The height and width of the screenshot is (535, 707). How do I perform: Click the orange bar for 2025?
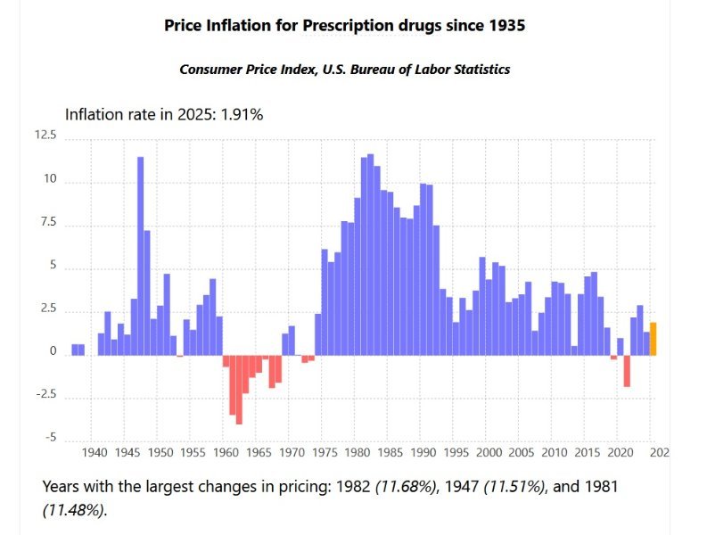click(654, 339)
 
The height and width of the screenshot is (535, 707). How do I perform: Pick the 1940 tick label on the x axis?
click(94, 453)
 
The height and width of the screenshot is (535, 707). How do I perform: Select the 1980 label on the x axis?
click(357, 453)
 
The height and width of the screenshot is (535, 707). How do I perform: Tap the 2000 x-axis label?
click(489, 453)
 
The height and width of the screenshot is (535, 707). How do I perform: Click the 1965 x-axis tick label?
click(259, 453)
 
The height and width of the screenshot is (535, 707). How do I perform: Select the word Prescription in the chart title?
click(347, 26)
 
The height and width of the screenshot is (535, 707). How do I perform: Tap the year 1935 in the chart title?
click(506, 26)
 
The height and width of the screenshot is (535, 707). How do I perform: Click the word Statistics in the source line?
click(479, 69)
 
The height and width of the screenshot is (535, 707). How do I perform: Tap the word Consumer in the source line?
click(210, 69)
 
